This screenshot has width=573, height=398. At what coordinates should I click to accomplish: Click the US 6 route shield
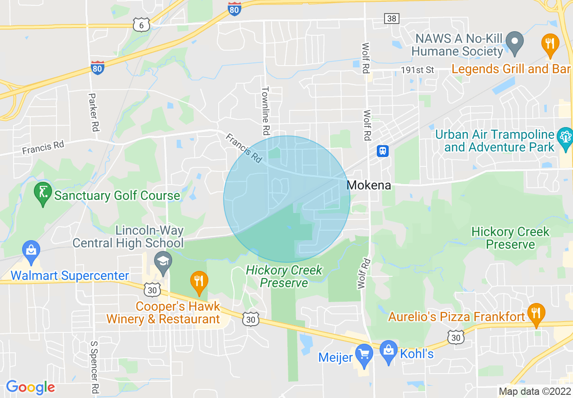tap(141, 26)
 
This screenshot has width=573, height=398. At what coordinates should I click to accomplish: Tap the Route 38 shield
tap(391, 18)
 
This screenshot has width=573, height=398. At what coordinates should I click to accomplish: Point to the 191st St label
tap(417, 70)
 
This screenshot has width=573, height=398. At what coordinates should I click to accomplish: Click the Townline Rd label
tap(266, 111)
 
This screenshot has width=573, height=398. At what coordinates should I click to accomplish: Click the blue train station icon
tap(383, 151)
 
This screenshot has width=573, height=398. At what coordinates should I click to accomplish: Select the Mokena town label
tap(368, 185)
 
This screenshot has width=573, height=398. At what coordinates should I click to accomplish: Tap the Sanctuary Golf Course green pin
tap(43, 194)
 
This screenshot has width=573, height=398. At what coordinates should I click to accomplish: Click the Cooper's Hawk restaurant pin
tap(199, 282)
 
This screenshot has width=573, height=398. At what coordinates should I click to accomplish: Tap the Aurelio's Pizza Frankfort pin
tap(536, 314)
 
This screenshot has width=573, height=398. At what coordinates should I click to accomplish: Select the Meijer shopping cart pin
tap(363, 355)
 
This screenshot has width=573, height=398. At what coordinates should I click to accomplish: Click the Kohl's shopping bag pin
tap(388, 351)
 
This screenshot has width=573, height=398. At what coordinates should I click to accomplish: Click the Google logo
tap(30, 387)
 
